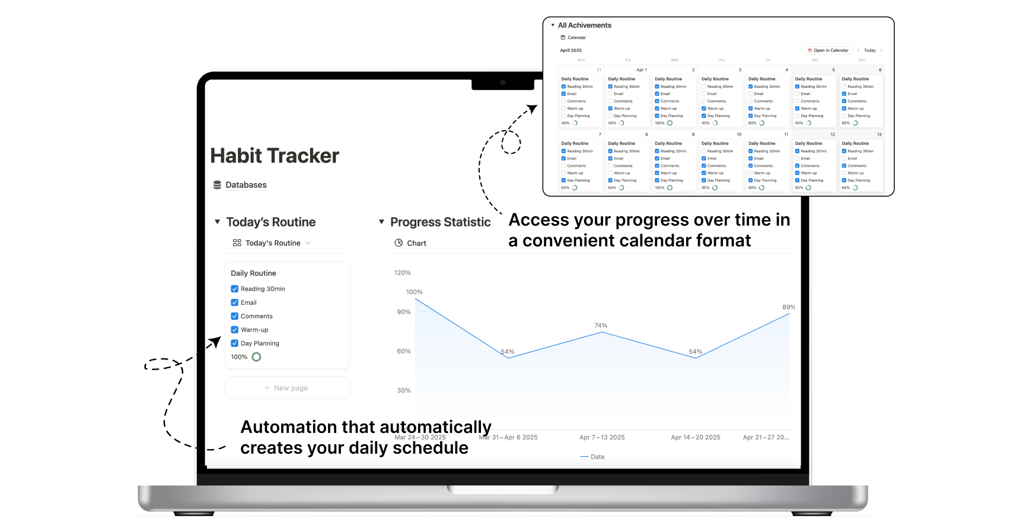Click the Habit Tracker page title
point(275,156)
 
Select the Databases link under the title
point(246,185)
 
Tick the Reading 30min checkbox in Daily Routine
point(235,289)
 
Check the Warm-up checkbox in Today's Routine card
point(235,330)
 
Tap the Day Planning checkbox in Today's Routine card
point(235,343)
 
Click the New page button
point(287,388)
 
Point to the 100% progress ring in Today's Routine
point(256,357)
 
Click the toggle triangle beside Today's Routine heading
point(217,222)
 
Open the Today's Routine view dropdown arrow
point(308,243)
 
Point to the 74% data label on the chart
point(601,326)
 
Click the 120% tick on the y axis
point(402,273)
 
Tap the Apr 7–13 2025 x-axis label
point(602,438)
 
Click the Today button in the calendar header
point(869,50)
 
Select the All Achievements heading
point(584,26)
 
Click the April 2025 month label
point(571,50)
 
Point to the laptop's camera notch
point(503,83)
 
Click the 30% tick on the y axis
point(403,390)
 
